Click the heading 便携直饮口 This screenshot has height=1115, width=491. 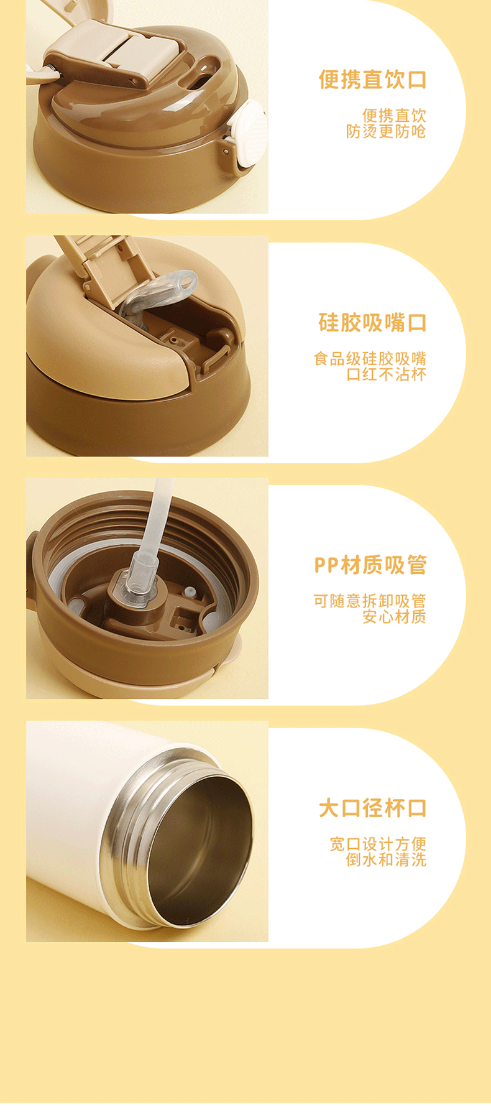(372, 80)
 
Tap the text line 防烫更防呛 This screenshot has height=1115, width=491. (385, 131)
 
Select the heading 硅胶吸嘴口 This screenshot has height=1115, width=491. (372, 323)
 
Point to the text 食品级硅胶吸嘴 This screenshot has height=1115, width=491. (370, 359)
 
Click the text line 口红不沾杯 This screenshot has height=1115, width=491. (385, 374)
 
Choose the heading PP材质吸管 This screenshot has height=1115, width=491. (370, 565)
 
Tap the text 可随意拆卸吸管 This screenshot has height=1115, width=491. (370, 601)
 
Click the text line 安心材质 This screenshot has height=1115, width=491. (394, 617)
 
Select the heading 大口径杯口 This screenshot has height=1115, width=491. (372, 808)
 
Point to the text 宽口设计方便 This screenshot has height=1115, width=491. (378, 844)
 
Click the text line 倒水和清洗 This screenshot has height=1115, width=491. (385, 860)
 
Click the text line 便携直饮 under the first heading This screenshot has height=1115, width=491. (394, 116)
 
